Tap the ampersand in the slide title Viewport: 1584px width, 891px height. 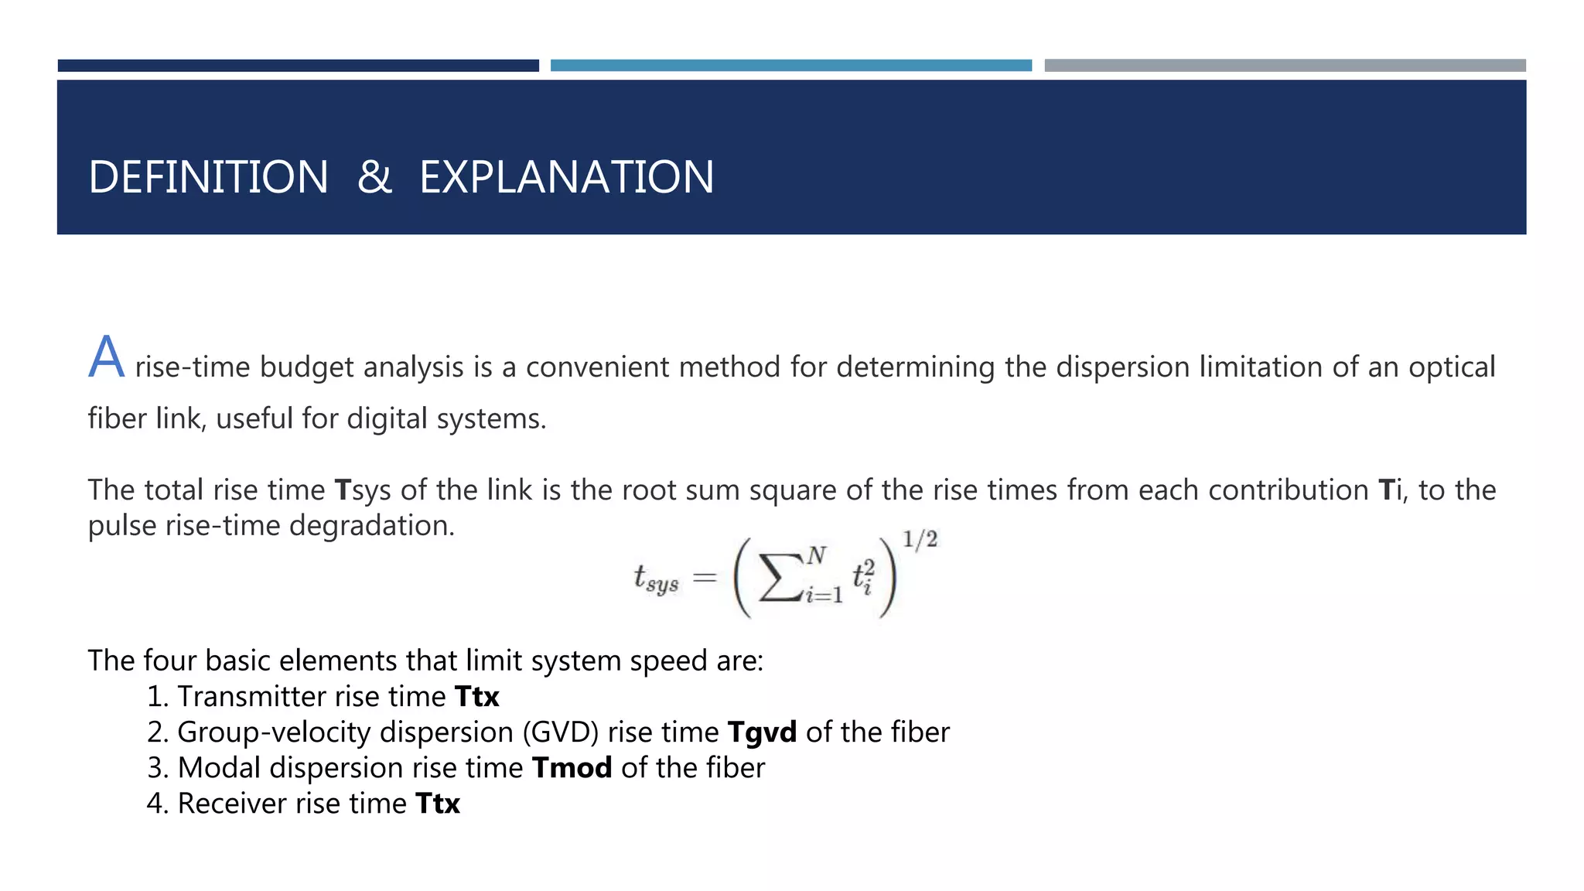(x=374, y=177)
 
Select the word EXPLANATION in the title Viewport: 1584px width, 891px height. (x=566, y=177)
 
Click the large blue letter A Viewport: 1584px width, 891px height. (x=106, y=358)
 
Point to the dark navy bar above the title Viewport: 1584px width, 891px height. (x=298, y=66)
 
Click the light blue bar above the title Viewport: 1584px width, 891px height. (x=790, y=66)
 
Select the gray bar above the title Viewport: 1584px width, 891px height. (x=1285, y=66)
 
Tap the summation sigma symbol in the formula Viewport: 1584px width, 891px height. (x=780, y=577)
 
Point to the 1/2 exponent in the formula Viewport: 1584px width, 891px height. (x=920, y=539)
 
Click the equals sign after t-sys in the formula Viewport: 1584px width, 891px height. (x=705, y=577)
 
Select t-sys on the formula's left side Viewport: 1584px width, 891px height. (x=656, y=579)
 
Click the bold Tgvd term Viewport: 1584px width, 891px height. (x=762, y=732)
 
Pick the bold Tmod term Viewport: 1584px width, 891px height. (x=572, y=768)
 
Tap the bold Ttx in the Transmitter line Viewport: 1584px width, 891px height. (x=476, y=697)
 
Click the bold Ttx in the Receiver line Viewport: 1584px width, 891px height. (x=438, y=804)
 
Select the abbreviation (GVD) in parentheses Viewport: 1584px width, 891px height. (x=561, y=732)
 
